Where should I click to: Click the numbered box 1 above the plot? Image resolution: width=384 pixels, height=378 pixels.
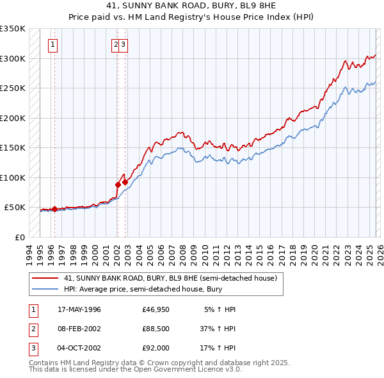[52, 45]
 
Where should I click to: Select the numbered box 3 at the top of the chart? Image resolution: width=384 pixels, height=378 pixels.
[124, 45]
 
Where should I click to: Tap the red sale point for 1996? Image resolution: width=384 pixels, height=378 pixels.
[54, 209]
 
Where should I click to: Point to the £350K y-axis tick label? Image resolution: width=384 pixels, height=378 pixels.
[13, 29]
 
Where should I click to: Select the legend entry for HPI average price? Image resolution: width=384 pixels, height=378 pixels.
[144, 290]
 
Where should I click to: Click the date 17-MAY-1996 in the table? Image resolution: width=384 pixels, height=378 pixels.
[79, 309]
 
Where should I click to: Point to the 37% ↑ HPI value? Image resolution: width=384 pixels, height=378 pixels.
[218, 329]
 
